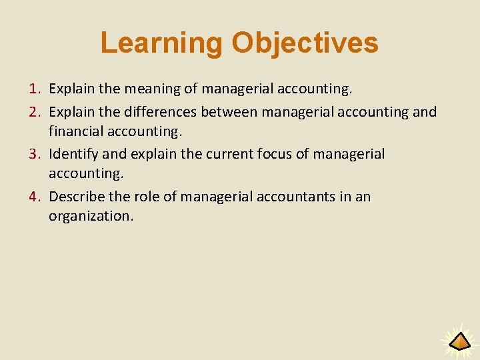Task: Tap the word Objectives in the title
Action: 305,43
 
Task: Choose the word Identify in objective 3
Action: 73,155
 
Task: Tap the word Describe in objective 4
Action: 77,197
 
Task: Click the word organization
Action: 91,216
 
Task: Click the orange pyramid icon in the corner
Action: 459,342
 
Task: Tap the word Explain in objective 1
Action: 72,88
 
